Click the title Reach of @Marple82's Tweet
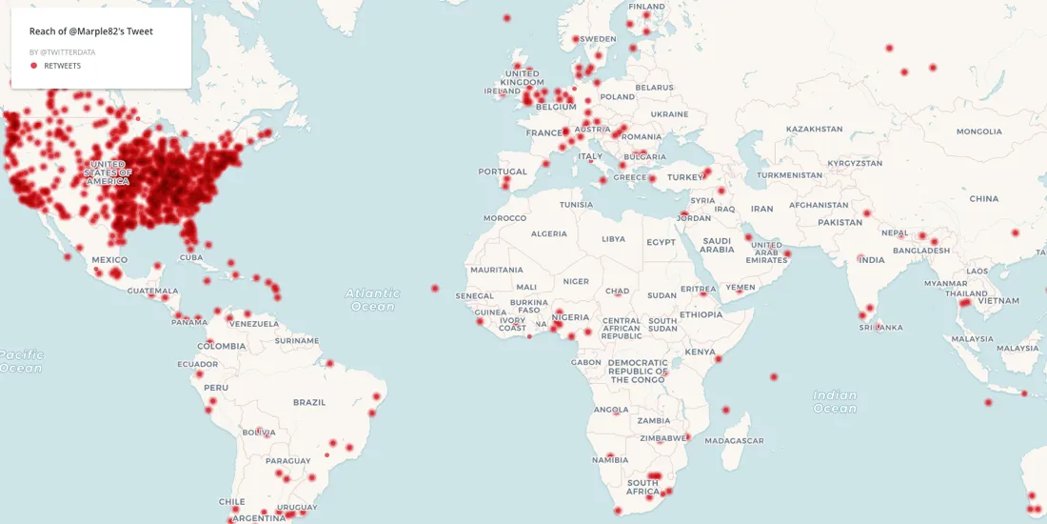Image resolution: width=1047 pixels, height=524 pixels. coord(91,31)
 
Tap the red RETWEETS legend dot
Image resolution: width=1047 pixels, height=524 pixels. coord(34,66)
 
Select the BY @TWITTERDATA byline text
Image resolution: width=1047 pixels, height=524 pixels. coord(62,52)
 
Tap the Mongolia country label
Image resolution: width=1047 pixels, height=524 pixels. coord(979,131)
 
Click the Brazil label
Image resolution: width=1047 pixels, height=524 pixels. coord(309,403)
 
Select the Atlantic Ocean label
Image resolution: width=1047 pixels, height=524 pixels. coord(372,300)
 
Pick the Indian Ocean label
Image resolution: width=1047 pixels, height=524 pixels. coord(835,401)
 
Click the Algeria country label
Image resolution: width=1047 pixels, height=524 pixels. coord(548,233)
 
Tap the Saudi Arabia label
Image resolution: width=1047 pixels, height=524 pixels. coord(717,245)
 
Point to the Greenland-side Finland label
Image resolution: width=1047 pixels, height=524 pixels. coord(647,7)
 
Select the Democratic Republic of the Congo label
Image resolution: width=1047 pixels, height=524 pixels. coord(638,371)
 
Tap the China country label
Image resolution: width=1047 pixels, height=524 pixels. coord(984,199)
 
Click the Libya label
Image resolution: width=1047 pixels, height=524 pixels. coord(614,239)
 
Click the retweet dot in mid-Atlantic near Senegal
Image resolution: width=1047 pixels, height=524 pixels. coord(435,288)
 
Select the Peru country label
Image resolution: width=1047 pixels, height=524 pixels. coord(216,388)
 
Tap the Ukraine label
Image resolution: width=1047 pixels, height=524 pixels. coord(669,114)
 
